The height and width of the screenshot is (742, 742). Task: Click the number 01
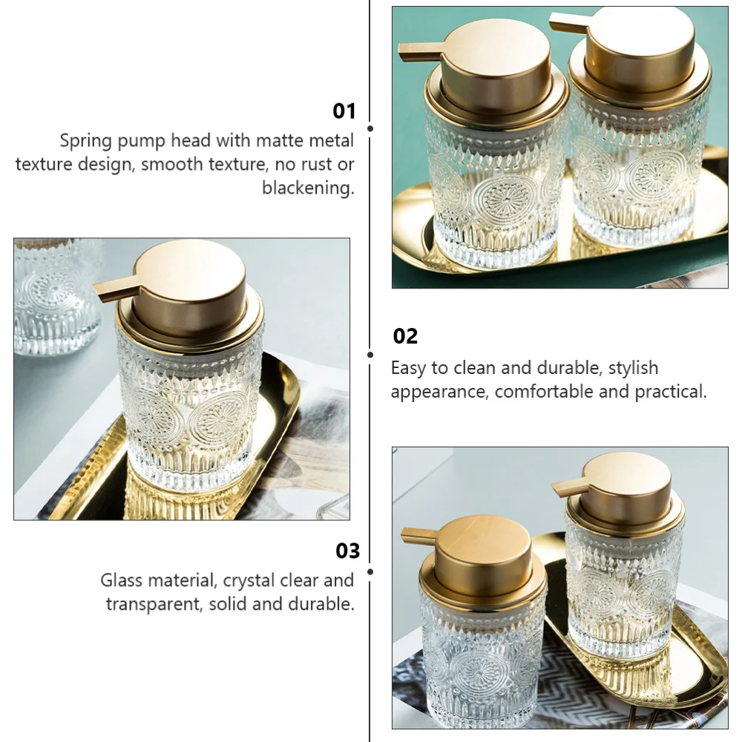coord(344,111)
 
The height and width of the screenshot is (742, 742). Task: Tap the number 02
coord(405,336)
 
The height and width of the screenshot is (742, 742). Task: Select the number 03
coord(347,551)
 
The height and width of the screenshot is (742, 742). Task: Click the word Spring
coord(86,141)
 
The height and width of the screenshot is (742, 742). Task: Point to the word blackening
coord(308,188)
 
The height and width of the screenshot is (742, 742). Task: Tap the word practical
coord(671,391)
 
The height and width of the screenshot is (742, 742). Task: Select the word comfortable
coord(545,391)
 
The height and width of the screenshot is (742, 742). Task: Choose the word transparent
coord(154,604)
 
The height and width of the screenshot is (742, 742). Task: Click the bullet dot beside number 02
coord(370,355)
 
